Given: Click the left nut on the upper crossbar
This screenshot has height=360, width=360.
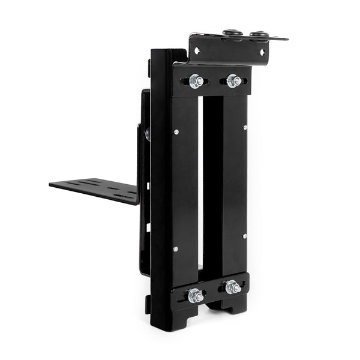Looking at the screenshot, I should coord(194,81).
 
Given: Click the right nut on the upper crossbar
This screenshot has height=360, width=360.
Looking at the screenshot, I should coord(233,81).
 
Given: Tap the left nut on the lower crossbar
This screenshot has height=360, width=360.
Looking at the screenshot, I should coord(194,295).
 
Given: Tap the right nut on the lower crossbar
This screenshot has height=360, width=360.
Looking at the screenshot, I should coord(233,287).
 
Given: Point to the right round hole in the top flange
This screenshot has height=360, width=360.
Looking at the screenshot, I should coord(262,53).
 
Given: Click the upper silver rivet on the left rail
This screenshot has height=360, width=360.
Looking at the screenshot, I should coord(175,131).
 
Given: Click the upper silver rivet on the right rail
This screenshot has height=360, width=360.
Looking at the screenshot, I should coord(245,127).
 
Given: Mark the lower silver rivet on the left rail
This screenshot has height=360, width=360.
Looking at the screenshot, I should coord(175,248).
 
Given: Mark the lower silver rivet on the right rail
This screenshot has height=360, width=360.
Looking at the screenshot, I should coord(244,236).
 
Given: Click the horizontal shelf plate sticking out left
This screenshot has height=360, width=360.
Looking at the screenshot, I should coord(96,189).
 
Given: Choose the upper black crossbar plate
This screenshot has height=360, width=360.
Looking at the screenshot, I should coord(213,81).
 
